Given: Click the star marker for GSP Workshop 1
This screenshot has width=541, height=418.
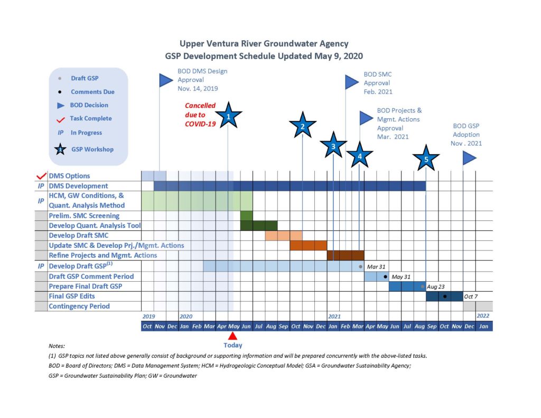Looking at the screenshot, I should [228, 116].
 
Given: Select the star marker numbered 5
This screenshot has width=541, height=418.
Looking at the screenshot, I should [426, 159].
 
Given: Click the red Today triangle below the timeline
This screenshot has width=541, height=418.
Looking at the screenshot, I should [232, 336].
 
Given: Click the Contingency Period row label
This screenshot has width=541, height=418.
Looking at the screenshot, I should [79, 306].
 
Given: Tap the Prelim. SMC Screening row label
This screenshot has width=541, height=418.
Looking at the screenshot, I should [84, 216].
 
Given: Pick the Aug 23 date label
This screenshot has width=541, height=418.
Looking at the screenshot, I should [436, 286].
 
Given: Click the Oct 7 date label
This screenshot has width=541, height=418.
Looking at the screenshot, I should [471, 296].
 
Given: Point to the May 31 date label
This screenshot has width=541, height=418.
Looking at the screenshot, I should [401, 277].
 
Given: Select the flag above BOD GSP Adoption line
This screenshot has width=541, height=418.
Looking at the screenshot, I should [469, 158].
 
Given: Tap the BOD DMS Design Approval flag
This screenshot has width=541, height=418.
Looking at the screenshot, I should [166, 80].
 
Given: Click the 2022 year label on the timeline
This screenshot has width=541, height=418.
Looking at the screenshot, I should [483, 316].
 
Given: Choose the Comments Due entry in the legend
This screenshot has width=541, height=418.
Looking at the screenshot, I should [92, 92].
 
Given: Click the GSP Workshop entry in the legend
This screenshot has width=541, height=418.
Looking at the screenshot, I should [92, 150].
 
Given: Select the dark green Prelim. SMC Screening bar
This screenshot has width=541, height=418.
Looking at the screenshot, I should [246, 216].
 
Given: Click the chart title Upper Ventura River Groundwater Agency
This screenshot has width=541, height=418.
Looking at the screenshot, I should [264, 44].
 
